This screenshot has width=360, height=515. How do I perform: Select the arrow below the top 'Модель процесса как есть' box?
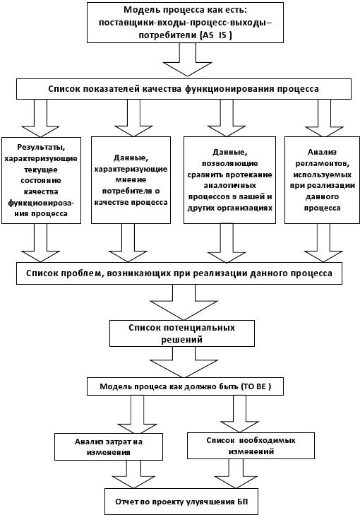[x=188, y=59]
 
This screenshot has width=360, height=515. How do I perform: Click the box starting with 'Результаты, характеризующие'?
[x=41, y=180]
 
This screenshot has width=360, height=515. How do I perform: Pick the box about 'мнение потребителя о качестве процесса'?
[x=131, y=180]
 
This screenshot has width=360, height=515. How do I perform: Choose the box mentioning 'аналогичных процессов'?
[x=229, y=180]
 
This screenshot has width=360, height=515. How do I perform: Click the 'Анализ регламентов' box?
[x=322, y=180]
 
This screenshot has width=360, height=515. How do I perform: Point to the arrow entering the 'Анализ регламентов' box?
[x=324, y=118]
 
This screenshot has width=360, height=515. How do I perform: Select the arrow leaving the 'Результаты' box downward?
[x=40, y=243]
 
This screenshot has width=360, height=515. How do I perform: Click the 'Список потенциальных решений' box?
[x=182, y=333]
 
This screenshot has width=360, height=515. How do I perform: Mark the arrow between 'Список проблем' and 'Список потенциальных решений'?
[x=184, y=302]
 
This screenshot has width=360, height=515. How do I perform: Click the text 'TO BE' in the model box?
[x=253, y=386]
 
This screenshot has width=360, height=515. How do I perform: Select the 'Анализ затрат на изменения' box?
[x=109, y=446]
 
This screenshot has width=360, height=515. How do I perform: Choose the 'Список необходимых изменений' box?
[x=251, y=446]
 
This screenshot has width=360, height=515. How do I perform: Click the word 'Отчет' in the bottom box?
[x=126, y=502]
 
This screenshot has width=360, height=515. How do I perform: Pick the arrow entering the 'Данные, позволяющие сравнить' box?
[x=227, y=118]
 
